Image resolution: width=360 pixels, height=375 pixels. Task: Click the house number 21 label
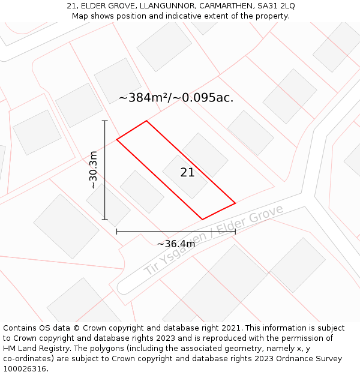point(187,173)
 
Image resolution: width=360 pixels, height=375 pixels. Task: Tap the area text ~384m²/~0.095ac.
point(176,98)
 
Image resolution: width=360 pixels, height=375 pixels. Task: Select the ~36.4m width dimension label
point(176,244)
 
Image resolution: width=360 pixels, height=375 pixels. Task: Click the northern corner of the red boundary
point(146,121)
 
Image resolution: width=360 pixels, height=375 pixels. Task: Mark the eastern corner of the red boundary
point(235,203)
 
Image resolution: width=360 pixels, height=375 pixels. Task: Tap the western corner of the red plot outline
point(117,139)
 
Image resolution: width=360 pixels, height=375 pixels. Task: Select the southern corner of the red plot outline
point(202,220)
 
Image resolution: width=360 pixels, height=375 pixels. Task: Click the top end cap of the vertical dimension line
point(105,121)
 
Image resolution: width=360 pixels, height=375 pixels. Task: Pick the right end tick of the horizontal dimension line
point(235,231)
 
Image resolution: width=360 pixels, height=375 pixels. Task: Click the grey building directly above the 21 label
point(205,154)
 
